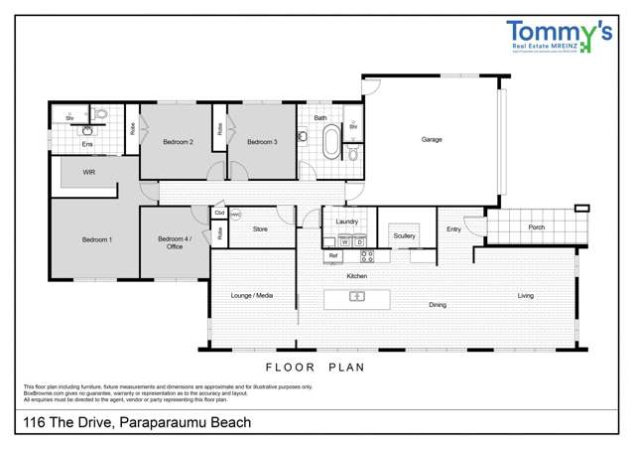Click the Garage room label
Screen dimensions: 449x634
pos(432,139)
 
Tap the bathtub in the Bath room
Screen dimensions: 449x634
pos(329,141)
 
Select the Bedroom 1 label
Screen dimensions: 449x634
pos(96,240)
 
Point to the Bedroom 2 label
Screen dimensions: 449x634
pos(179,142)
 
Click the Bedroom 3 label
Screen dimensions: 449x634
pos(262,142)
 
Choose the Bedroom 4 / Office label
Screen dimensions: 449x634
pos(175,242)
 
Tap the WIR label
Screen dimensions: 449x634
pos(88,172)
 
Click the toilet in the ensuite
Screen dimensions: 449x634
pos(100,114)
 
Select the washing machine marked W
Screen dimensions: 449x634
pos(344,241)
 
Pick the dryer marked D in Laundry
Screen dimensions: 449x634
pos(359,241)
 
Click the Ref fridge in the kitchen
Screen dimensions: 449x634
pos(333,256)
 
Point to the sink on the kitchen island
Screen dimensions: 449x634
pos(357,296)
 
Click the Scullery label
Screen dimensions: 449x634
pos(404,235)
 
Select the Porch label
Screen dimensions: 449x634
pos(536,227)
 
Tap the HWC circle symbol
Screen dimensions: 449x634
pos(235,214)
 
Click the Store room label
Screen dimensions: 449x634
pos(260,229)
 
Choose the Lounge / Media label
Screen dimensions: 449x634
pos(252,295)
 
